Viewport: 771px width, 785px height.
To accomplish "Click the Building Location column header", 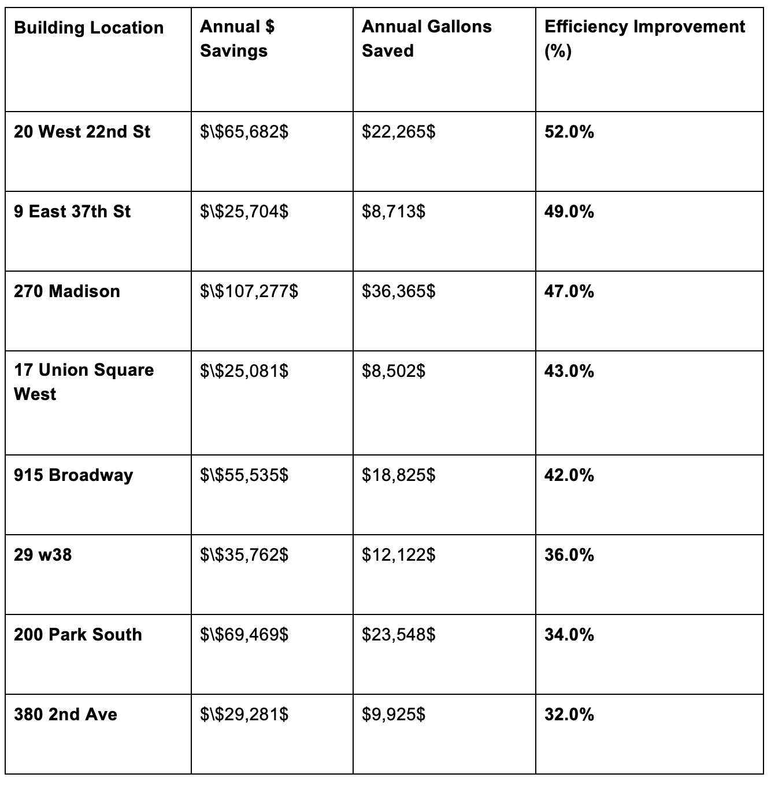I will pyautogui.click(x=88, y=28).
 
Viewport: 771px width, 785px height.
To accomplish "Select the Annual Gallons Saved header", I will pyautogui.click(x=427, y=38).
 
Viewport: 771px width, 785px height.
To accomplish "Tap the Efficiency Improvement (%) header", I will pyautogui.click(x=644, y=38).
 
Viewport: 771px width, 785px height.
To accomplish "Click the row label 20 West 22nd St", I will pyautogui.click(x=81, y=132).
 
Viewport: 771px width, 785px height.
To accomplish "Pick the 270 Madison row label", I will pyautogui.click(x=67, y=291).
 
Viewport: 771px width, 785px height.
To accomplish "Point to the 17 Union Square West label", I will pyautogui.click(x=84, y=382).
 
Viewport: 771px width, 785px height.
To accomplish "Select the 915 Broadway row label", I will pyautogui.click(x=73, y=475).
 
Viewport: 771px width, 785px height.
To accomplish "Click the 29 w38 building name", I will pyautogui.click(x=43, y=555).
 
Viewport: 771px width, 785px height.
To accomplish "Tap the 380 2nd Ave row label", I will pyautogui.click(x=65, y=714).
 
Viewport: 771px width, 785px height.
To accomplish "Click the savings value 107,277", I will pyautogui.click(x=249, y=291).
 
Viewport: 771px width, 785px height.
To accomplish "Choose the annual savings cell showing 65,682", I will pyautogui.click(x=244, y=132).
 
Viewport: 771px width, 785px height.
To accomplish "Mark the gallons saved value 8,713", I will pyautogui.click(x=393, y=212).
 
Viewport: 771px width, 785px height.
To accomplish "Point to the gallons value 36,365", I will pyautogui.click(x=398, y=291).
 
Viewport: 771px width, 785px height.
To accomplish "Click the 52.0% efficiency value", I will pyautogui.click(x=569, y=132).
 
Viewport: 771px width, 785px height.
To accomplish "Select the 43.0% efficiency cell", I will pyautogui.click(x=569, y=371).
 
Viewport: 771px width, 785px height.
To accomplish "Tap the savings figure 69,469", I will pyautogui.click(x=244, y=635).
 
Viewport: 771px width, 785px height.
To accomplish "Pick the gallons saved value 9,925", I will pyautogui.click(x=393, y=714).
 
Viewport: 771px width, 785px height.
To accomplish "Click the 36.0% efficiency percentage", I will pyautogui.click(x=569, y=555).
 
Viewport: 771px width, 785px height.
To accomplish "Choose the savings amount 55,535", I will pyautogui.click(x=244, y=475).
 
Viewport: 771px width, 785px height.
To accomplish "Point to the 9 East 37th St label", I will pyautogui.click(x=72, y=212).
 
